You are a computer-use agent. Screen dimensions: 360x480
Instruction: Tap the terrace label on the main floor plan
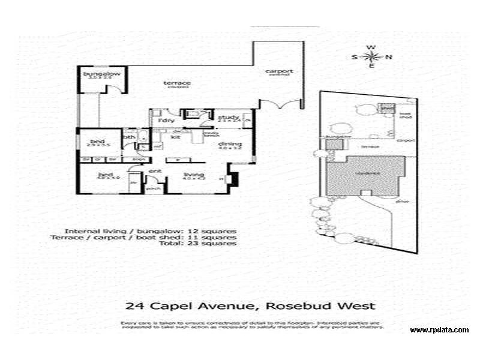pyautogui.click(x=177, y=83)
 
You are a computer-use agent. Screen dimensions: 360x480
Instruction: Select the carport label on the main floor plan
pyautogui.click(x=279, y=71)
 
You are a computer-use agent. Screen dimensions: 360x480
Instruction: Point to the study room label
pyautogui.click(x=229, y=116)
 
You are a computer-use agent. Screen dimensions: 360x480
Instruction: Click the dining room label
pyautogui.click(x=230, y=144)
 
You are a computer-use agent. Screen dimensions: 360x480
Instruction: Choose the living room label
pyautogui.click(x=194, y=174)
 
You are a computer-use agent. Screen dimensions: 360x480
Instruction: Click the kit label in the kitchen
pyautogui.click(x=176, y=137)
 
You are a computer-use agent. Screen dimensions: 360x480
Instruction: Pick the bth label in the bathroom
pyautogui.click(x=128, y=137)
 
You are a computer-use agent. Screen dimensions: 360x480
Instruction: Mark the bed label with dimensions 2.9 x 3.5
pyautogui.click(x=98, y=142)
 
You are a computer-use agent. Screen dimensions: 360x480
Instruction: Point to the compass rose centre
pyautogui.click(x=372, y=57)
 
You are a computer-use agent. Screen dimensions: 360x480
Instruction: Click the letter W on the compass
pyautogui.click(x=372, y=47)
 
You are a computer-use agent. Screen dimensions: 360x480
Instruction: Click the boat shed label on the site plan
pyautogui.click(x=405, y=115)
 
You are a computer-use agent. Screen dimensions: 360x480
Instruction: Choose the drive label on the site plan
pyautogui.click(x=402, y=201)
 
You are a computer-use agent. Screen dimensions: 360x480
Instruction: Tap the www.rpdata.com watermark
pyautogui.click(x=439, y=330)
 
